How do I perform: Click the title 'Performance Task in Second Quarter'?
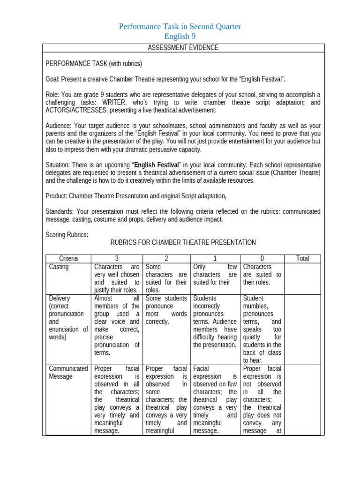[180, 27]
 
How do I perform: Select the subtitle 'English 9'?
[180, 37]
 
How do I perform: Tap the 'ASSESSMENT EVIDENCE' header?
[183, 48]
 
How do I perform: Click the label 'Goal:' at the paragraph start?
[52, 79]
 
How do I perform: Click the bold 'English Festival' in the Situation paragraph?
[157, 165]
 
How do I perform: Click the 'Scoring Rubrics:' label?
[67, 235]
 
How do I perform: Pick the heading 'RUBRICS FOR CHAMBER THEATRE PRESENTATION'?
[183, 242]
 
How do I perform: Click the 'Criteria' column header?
[68, 259]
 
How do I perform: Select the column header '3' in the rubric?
[117, 259]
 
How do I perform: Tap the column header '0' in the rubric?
[262, 259]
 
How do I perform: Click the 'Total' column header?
[303, 259]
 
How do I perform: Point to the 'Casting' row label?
[59, 267]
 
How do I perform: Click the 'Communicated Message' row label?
[68, 372]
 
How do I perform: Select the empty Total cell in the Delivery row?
[303, 329]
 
